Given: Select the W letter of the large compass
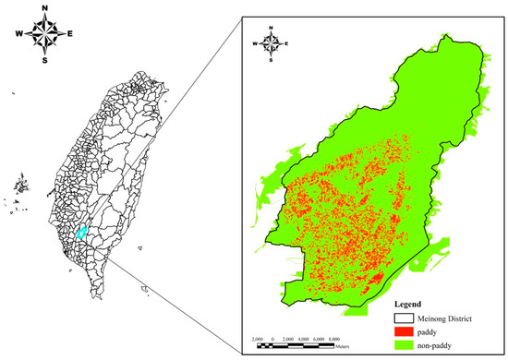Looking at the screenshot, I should point(18,36).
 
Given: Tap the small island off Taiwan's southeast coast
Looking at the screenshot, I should point(144,291).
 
